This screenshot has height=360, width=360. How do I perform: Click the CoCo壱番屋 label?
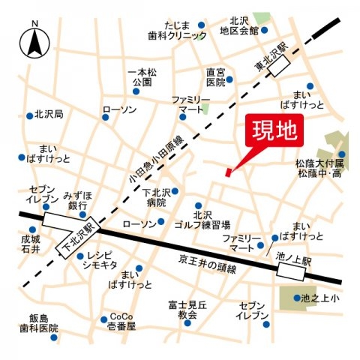[x=121, y=321]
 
